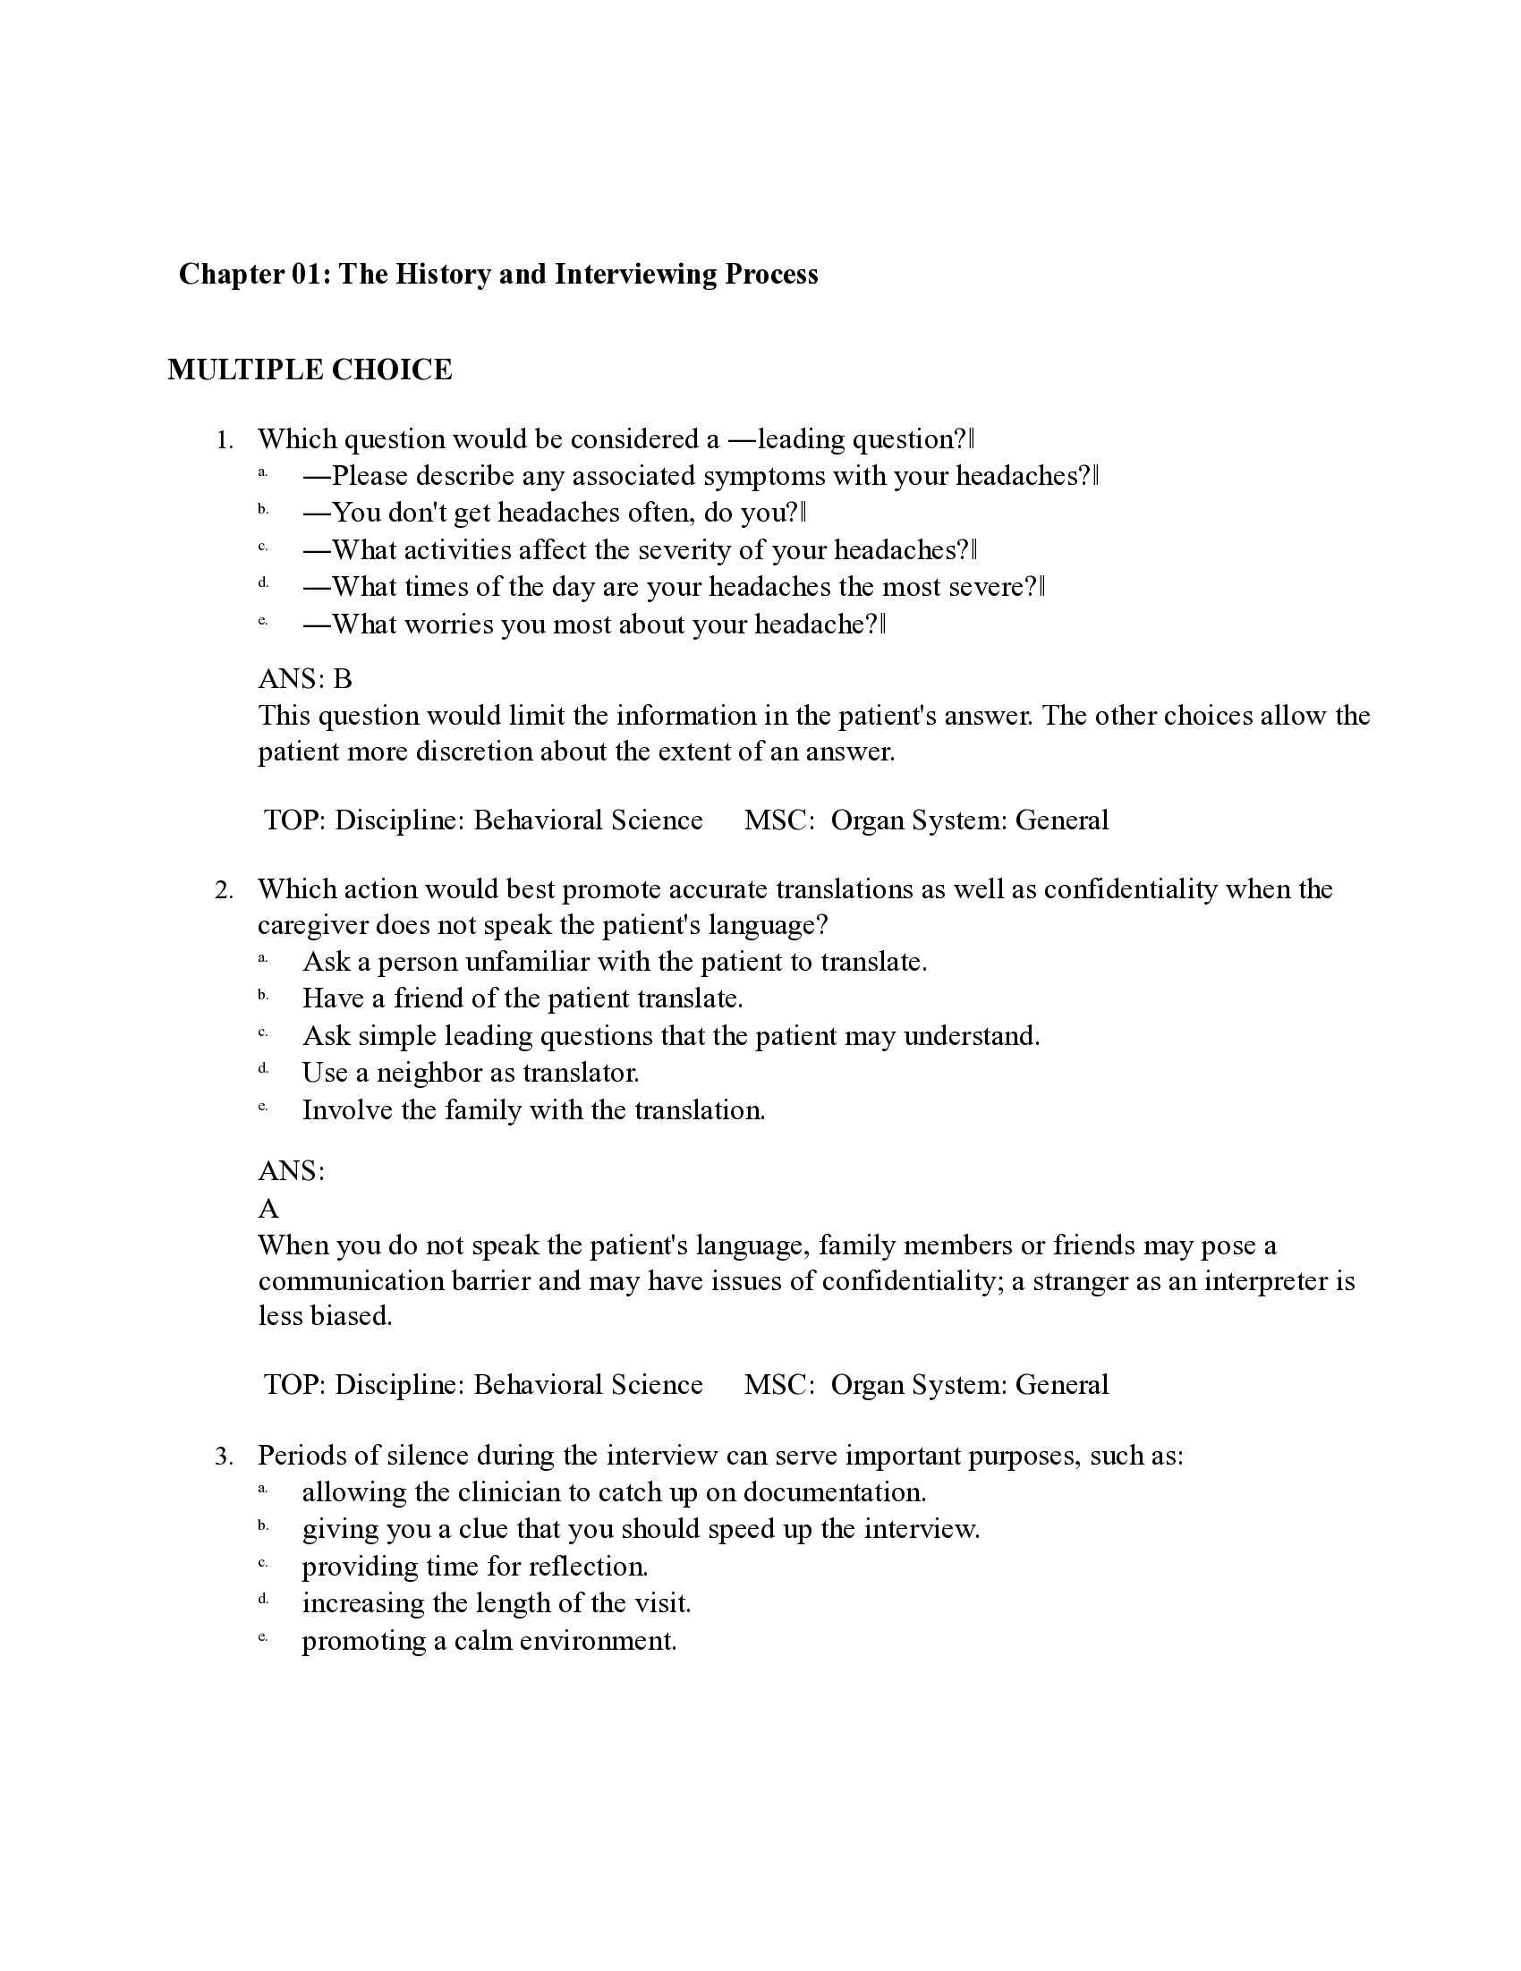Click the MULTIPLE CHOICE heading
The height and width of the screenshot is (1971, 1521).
310,370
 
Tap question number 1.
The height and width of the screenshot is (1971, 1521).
224,440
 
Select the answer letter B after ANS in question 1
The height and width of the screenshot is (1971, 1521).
342,679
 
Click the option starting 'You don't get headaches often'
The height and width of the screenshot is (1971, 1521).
554,513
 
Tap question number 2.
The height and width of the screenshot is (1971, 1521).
224,890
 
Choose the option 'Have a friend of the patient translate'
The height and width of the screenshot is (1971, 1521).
522,998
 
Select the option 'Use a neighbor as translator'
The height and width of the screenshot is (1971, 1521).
471,1072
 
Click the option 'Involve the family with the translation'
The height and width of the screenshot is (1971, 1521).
532,1110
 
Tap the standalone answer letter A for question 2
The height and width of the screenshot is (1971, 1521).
268,1208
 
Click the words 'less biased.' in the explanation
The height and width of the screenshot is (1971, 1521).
325,1316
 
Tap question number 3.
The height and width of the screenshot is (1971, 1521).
224,1457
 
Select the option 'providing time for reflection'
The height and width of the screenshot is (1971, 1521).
475,1566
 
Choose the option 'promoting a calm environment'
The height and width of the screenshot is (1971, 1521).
489,1640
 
